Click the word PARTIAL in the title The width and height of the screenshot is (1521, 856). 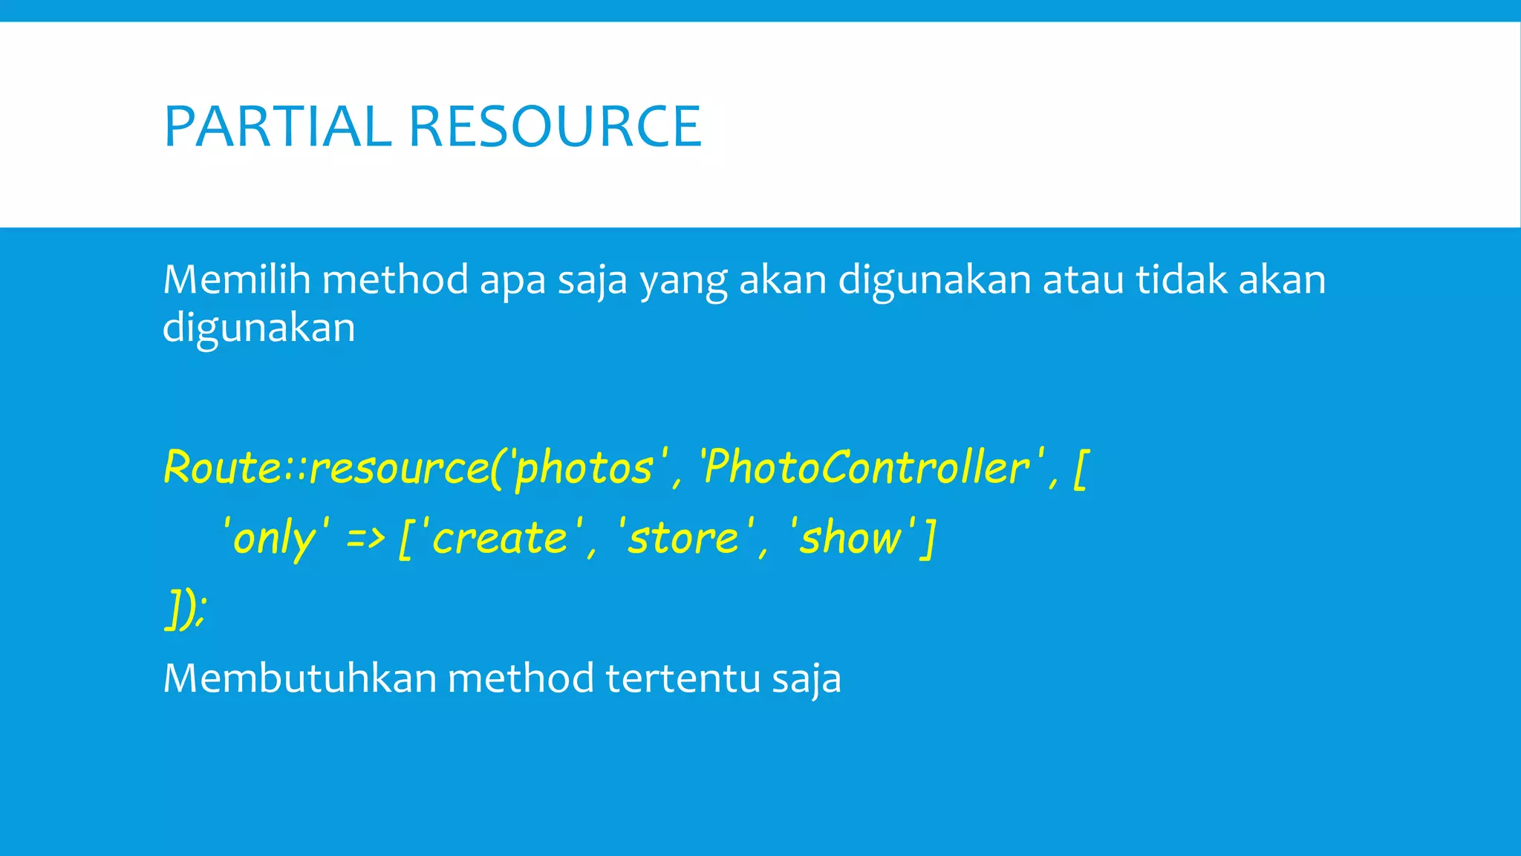277,127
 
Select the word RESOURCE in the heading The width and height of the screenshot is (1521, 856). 555,127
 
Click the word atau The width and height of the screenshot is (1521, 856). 1083,280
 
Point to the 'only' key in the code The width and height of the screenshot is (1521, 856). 276,538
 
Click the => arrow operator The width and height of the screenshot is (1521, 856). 365,538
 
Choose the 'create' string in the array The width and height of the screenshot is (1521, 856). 499,538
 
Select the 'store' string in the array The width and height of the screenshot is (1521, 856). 684,538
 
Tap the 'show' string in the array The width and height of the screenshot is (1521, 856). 851,538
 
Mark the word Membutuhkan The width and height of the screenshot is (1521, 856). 299,678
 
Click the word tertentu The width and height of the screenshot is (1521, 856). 683,678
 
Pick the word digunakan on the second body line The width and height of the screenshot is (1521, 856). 259,328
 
